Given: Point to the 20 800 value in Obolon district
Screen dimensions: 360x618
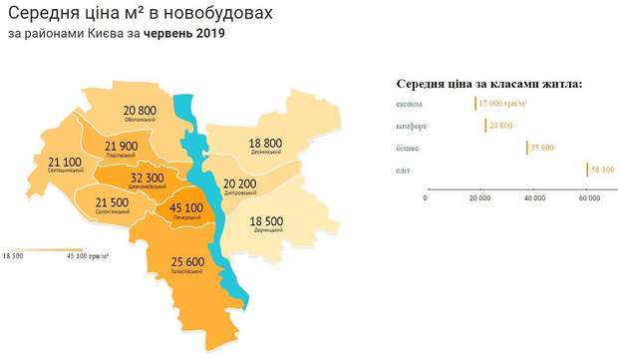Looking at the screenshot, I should tap(141, 110).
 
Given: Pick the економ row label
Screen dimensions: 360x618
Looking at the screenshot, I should tap(409, 103).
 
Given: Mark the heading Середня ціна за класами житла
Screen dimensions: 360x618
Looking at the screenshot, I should tap(489, 84).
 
